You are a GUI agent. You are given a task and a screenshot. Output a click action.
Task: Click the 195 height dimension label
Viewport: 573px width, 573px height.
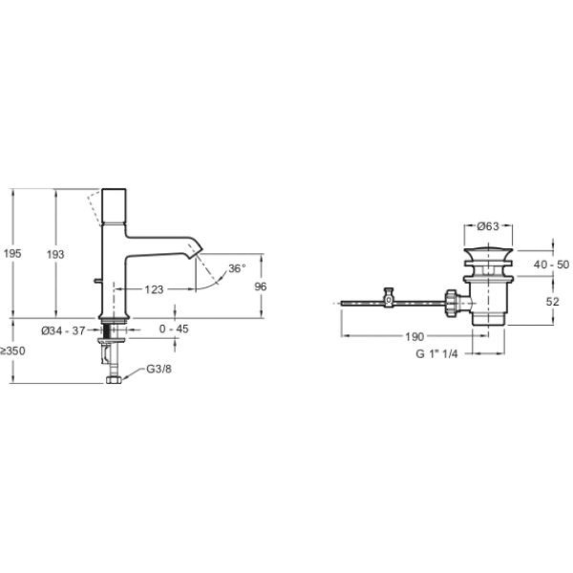tap(12, 253)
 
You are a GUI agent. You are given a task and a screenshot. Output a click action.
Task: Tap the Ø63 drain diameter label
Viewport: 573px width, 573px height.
tap(487, 226)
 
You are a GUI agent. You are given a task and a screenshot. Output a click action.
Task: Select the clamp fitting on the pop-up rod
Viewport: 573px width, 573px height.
tap(389, 300)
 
